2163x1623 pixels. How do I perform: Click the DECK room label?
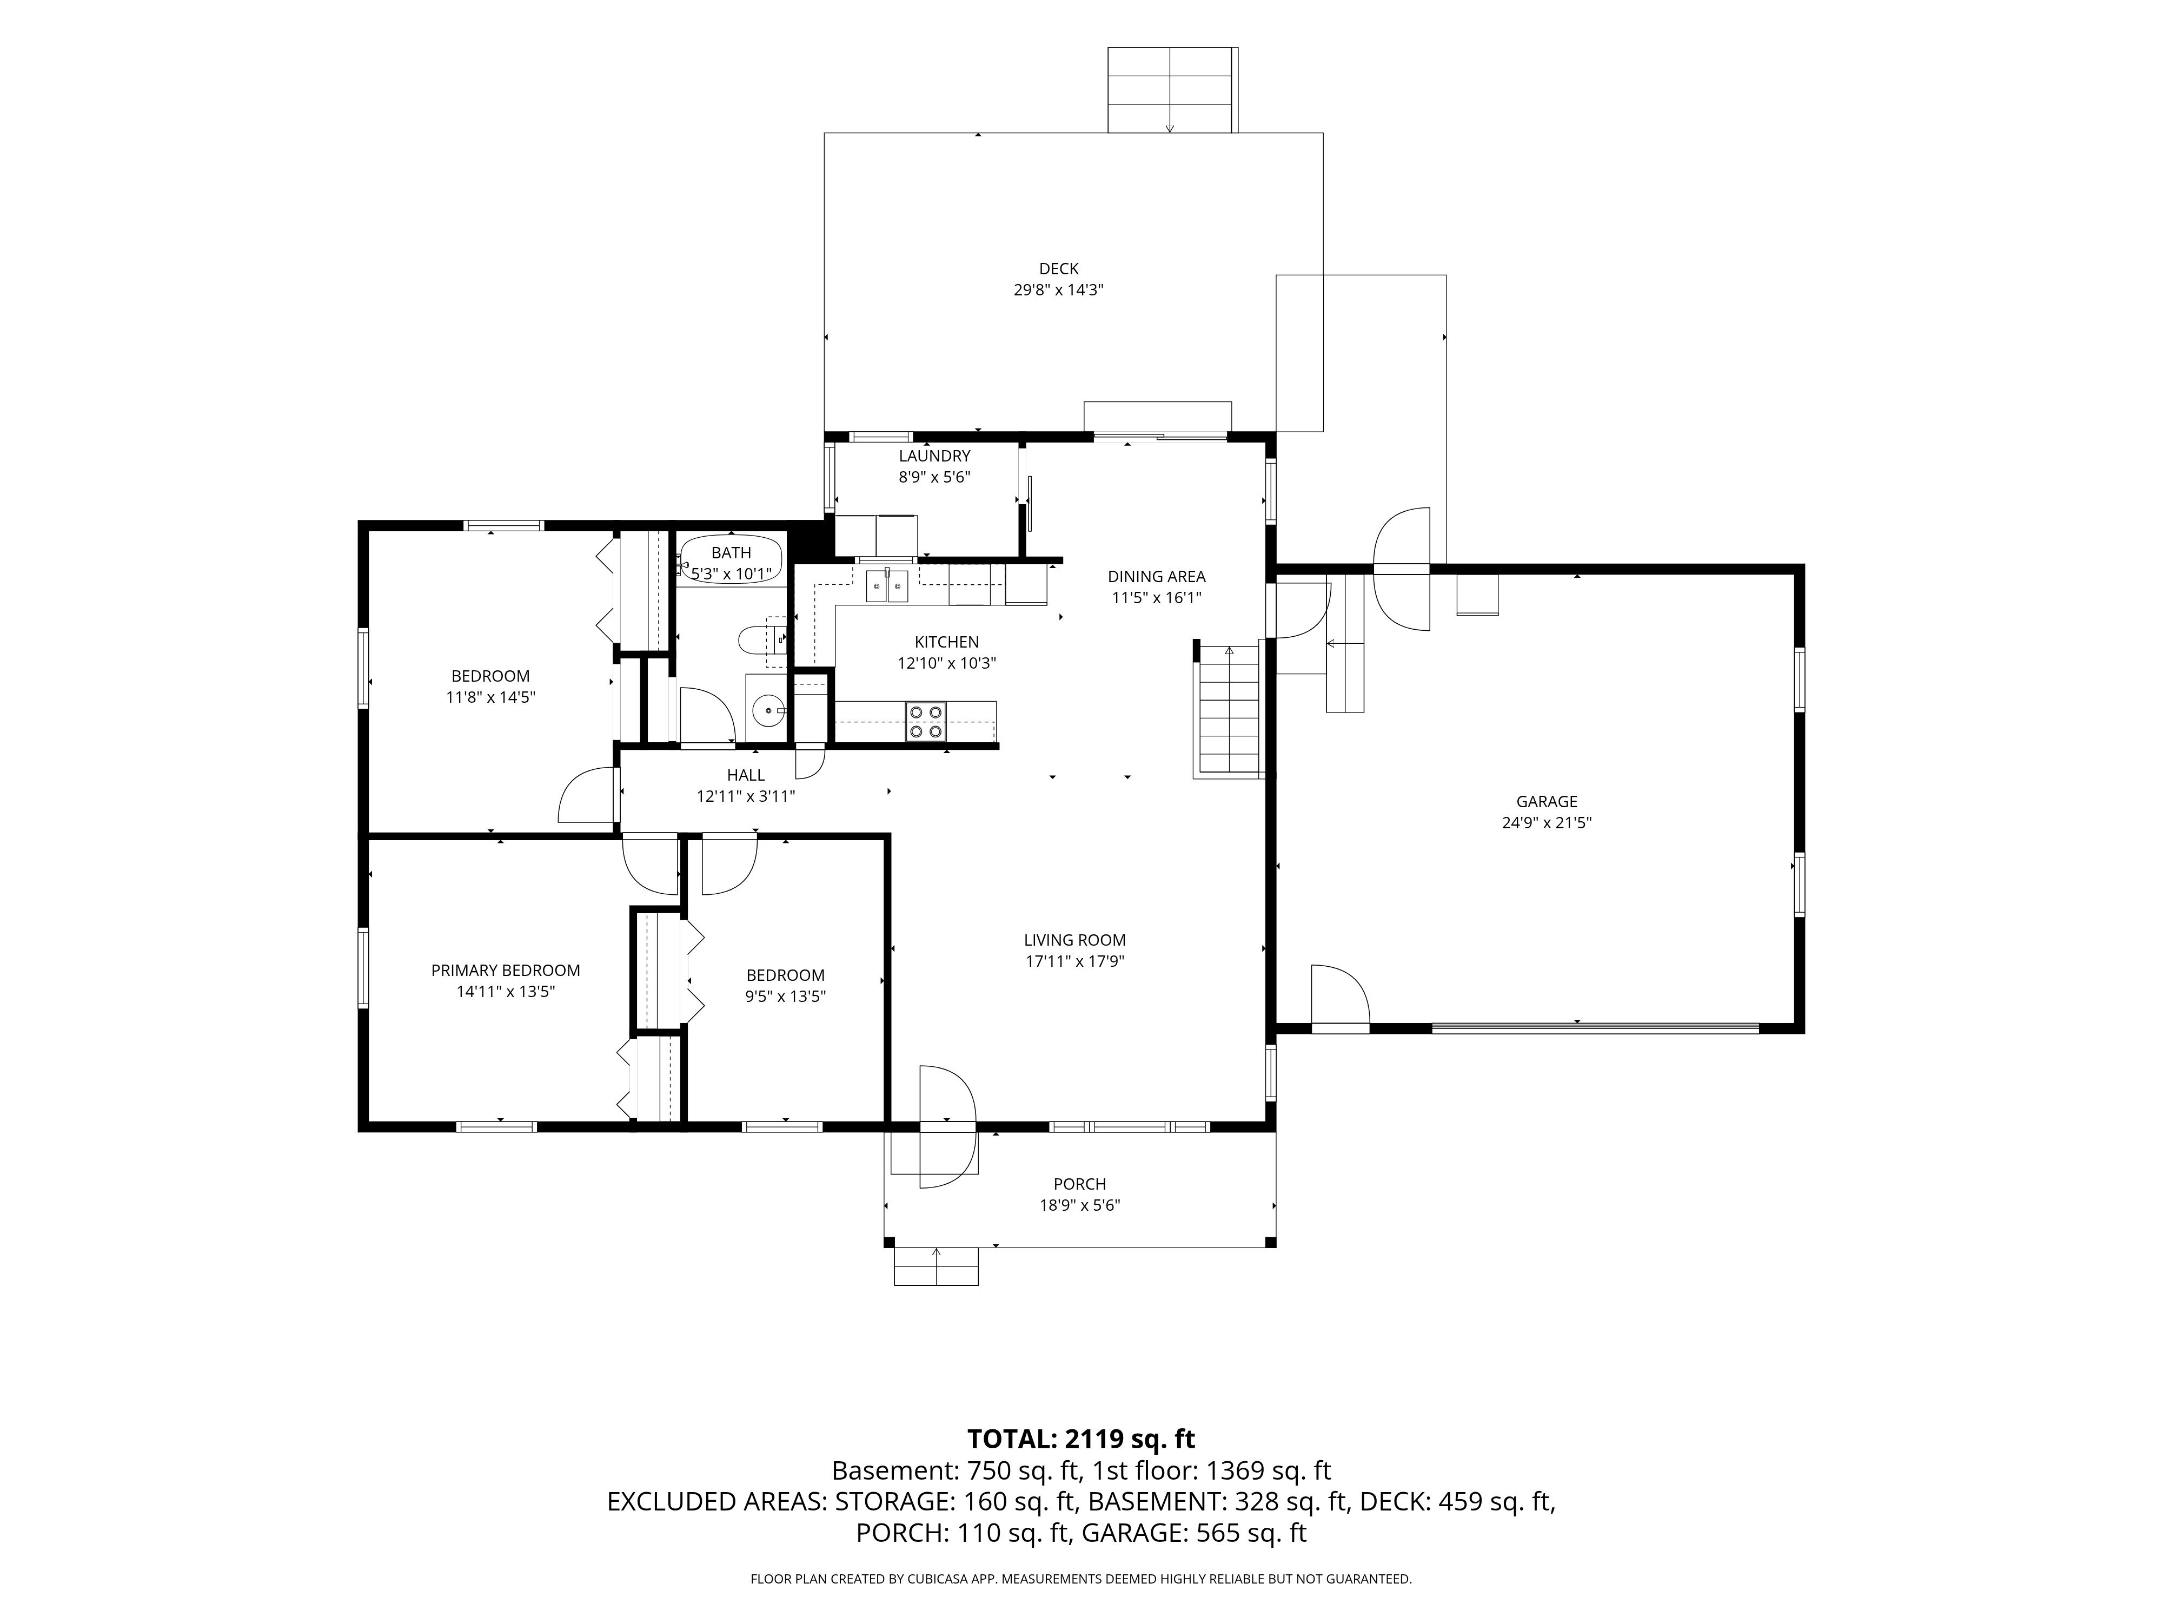[1059, 269]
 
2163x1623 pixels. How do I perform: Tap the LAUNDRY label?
[935, 456]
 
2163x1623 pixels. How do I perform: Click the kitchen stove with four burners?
[926, 722]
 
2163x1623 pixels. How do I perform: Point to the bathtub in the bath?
[732, 559]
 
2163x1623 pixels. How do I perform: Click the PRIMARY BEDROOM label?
[506, 971]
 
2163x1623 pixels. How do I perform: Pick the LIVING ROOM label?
[1074, 940]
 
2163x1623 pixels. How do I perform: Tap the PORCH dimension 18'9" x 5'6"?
[1079, 1205]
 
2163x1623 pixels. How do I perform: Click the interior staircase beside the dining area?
[1228, 711]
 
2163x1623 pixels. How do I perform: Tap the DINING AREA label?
[1157, 576]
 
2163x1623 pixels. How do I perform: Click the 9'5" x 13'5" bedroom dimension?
[786, 997]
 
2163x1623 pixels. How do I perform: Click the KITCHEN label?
[946, 642]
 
